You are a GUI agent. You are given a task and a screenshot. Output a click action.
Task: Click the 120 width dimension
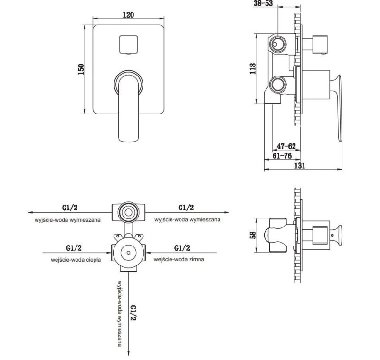point(128,15)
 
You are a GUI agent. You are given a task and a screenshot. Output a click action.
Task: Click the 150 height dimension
point(81,69)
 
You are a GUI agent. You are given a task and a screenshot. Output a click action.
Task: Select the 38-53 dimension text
point(264,3)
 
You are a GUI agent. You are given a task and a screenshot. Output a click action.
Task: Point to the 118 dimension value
point(253,68)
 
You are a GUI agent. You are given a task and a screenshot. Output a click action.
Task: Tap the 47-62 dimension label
point(286,146)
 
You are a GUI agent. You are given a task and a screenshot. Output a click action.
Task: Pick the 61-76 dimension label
point(282,155)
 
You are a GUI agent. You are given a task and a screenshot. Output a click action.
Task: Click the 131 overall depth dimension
point(300,165)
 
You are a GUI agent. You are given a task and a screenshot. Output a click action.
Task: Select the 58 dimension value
point(253,235)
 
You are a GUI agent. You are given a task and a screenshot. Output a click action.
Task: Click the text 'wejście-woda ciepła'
point(76,260)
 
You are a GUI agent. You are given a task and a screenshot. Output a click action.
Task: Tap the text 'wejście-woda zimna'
point(179,259)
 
